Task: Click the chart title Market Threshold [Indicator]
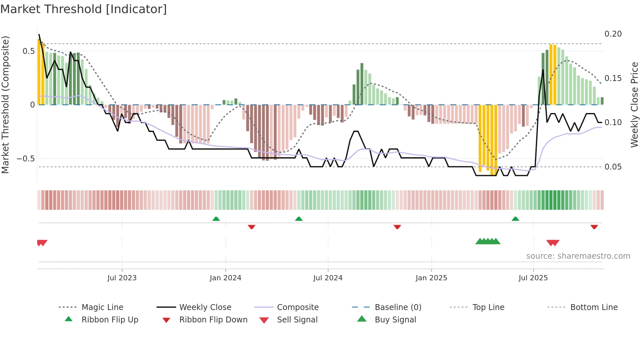[84, 9]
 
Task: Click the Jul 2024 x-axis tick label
[328, 278]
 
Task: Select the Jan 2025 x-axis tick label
[431, 278]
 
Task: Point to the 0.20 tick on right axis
[613, 34]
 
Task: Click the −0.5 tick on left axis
[25, 159]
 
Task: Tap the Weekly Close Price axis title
[634, 105]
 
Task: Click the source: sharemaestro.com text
[578, 256]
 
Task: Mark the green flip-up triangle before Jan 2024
[216, 219]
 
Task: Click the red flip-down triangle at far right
[594, 227]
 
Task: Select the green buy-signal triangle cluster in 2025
[488, 241]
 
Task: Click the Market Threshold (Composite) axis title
[5, 105]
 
